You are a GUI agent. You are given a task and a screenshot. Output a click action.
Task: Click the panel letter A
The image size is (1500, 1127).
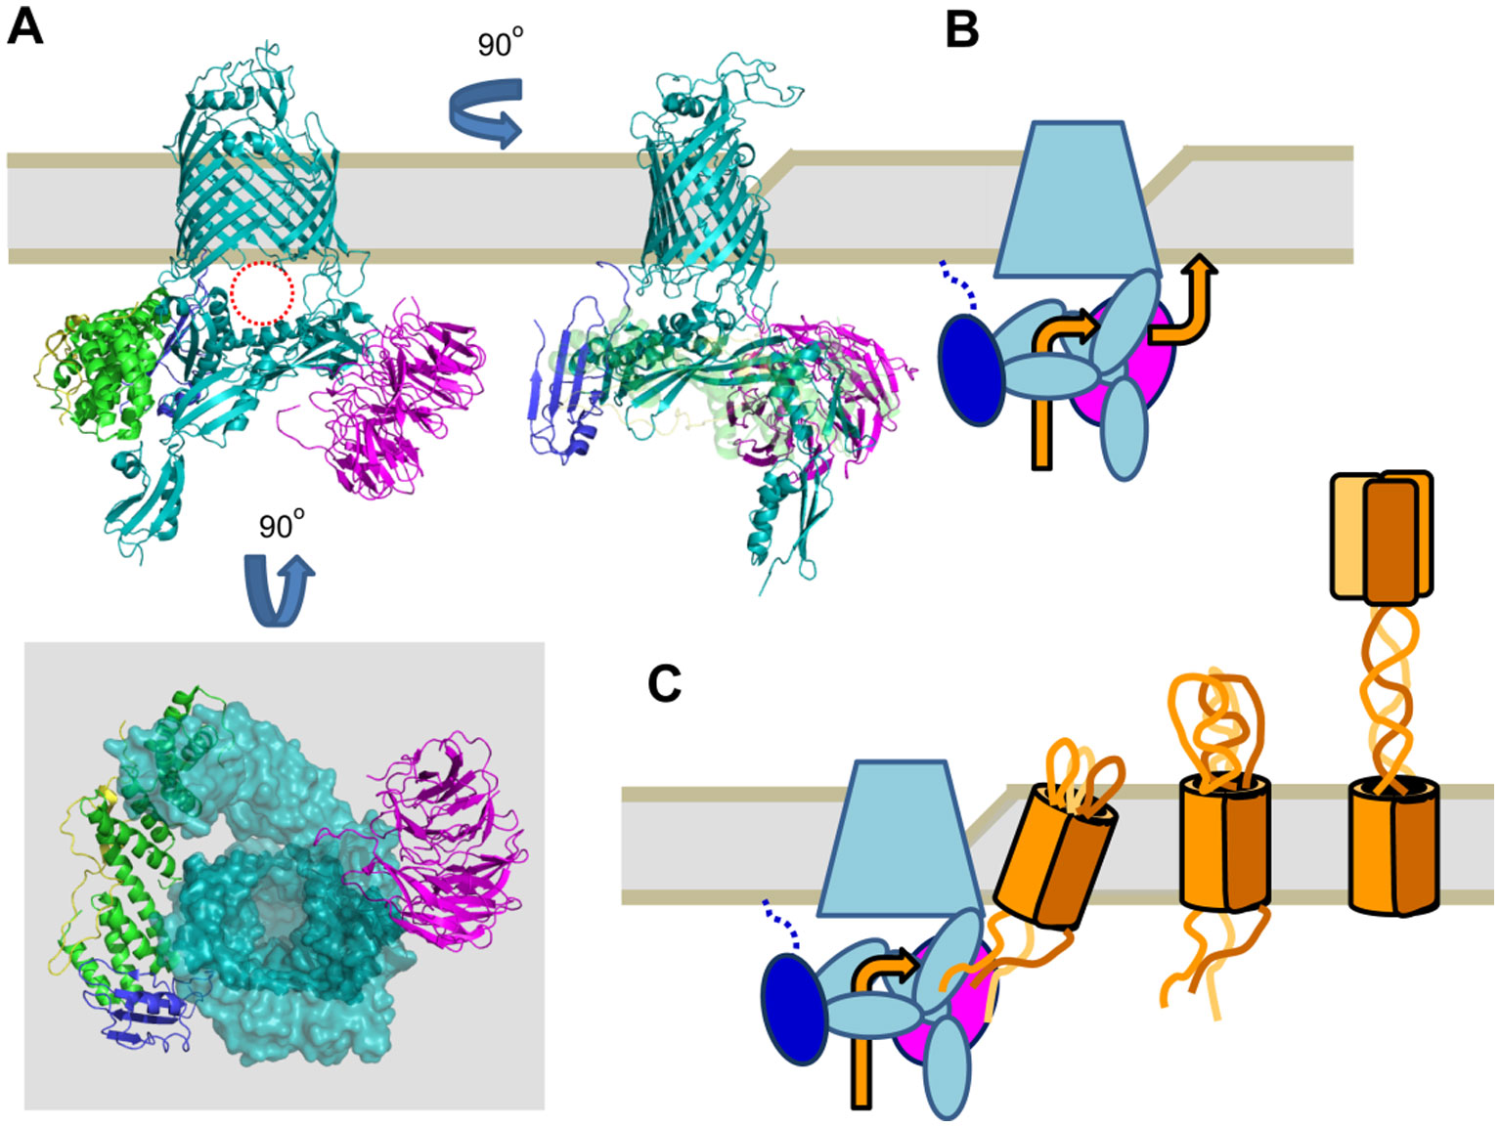[x=25, y=26]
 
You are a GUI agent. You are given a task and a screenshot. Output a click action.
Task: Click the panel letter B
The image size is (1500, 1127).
[x=962, y=30]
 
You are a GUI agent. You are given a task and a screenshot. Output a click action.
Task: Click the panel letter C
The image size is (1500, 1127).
[x=664, y=684]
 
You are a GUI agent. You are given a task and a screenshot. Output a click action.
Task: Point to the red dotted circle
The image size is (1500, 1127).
[x=262, y=292]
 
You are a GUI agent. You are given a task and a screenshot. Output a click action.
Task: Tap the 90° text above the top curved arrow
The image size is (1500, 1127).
[x=500, y=43]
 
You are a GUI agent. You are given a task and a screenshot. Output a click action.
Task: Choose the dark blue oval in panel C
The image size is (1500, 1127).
[x=794, y=1008]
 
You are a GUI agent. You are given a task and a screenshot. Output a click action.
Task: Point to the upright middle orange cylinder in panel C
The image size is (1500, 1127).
[x=1224, y=843]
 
